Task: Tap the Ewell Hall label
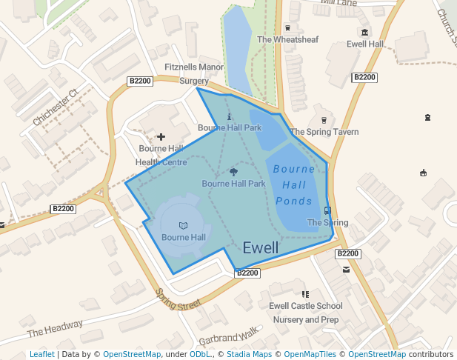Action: [364, 44]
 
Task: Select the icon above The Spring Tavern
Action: [323, 120]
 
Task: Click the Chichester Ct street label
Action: [55, 108]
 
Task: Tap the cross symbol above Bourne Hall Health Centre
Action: [161, 137]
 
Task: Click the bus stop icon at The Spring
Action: [327, 210]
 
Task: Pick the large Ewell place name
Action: [261, 247]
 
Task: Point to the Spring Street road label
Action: [179, 299]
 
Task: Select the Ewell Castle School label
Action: [306, 306]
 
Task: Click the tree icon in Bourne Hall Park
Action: [233, 172]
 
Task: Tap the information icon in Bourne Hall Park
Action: [229, 116]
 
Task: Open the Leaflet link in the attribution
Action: [41, 354]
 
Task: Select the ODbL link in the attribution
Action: [199, 354]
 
